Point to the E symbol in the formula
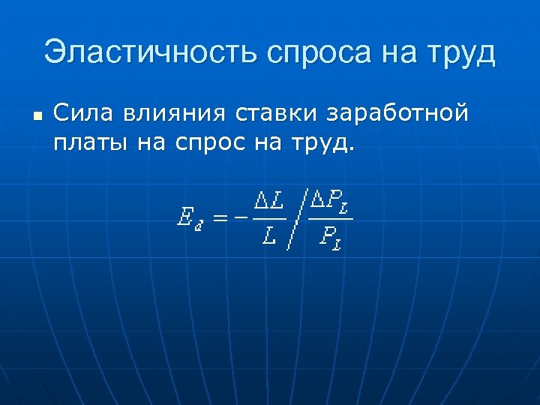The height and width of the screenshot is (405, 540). point(184,218)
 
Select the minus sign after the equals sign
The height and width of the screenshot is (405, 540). point(239,218)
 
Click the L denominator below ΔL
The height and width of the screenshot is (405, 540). point(268,237)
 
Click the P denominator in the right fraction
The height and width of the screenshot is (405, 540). point(328,238)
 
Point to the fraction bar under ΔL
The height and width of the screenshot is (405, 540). point(268,219)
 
